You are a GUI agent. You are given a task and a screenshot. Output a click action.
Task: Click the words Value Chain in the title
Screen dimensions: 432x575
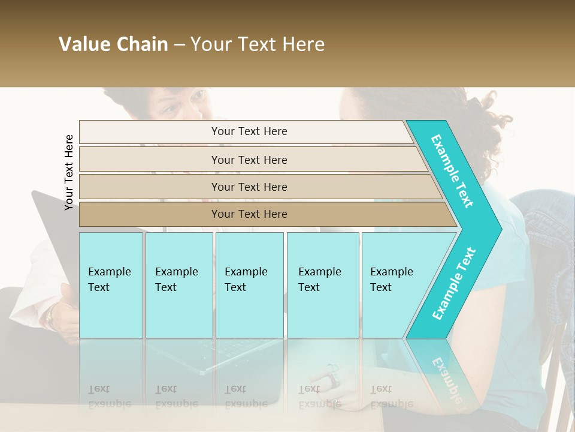(x=113, y=44)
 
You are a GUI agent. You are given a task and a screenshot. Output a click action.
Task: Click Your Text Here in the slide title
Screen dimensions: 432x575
(x=258, y=44)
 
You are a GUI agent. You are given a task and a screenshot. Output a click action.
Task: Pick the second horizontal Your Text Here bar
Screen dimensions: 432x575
(x=249, y=160)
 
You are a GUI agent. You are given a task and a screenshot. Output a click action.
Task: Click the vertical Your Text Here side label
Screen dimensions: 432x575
(x=69, y=172)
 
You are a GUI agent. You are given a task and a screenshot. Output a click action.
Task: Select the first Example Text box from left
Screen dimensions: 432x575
(x=111, y=284)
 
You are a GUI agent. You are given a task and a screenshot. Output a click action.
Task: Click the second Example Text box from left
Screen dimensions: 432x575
(x=178, y=284)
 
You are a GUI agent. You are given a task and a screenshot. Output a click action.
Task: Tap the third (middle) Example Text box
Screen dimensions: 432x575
(x=249, y=284)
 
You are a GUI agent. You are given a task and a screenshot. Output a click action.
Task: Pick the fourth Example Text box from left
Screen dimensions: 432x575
(x=322, y=284)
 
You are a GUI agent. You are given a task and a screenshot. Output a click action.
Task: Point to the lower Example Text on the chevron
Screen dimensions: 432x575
(x=453, y=284)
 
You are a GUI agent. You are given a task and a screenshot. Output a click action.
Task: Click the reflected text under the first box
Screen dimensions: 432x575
(x=109, y=397)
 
